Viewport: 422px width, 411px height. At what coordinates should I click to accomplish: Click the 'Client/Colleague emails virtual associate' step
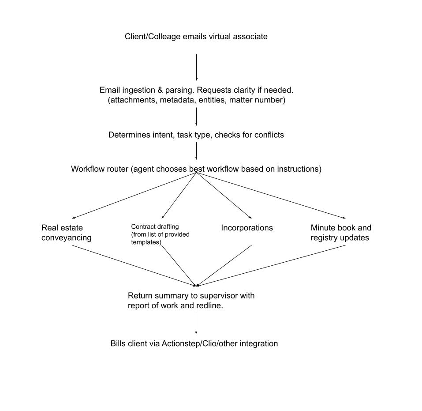click(196, 37)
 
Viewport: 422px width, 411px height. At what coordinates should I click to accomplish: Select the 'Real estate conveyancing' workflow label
click(66, 233)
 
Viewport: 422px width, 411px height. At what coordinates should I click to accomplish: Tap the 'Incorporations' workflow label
click(246, 228)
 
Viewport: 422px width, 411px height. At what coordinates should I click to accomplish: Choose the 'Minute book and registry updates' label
click(341, 233)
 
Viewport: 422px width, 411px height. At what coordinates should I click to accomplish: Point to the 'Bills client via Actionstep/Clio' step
click(194, 343)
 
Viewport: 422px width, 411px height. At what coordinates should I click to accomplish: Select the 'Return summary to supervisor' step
click(191, 300)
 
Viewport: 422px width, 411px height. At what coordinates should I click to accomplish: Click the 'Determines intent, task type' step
click(196, 135)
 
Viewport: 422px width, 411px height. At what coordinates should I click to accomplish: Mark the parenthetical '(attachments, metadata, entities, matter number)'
click(197, 100)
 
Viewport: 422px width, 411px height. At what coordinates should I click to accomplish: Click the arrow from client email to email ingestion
click(196, 67)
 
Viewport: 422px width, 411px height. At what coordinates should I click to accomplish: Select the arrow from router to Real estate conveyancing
click(134, 196)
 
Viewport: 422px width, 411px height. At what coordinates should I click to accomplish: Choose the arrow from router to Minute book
click(271, 196)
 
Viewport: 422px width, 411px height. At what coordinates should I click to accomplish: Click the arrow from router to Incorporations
click(224, 196)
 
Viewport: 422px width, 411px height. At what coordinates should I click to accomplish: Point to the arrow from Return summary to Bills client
click(196, 324)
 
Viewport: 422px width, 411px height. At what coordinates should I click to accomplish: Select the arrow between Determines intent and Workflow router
click(196, 151)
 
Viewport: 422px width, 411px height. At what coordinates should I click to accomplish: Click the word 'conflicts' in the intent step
click(269, 135)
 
